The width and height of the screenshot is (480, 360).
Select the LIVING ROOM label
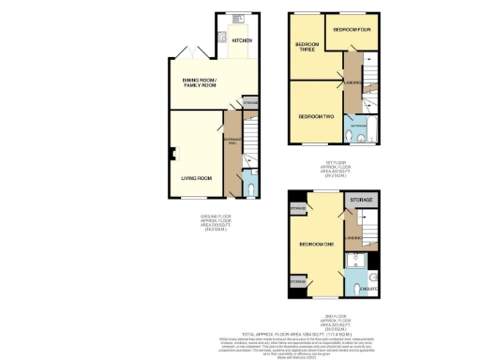(196, 177)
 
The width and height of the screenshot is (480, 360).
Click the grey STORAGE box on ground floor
(250, 100)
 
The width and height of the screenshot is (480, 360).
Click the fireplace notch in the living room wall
(172, 154)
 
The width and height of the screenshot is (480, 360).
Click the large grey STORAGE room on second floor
(360, 200)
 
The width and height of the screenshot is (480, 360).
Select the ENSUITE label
(368, 289)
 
